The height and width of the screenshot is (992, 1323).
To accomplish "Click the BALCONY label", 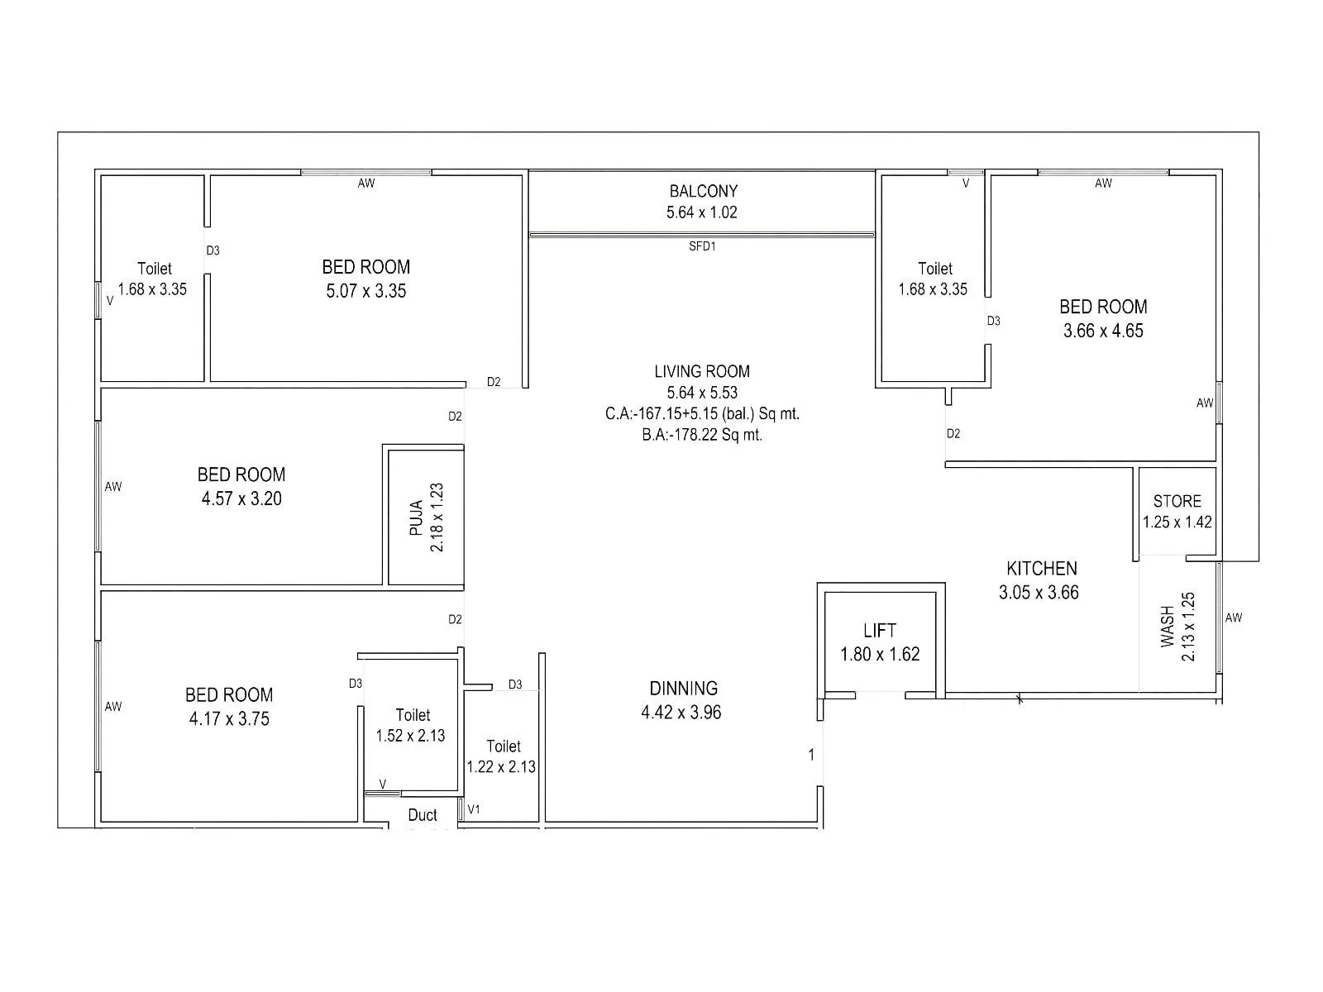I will pyautogui.click(x=703, y=191).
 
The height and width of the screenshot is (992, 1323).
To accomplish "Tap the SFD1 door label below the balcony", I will pyautogui.click(x=702, y=246).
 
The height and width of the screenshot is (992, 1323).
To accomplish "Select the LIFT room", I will pyautogui.click(x=880, y=641).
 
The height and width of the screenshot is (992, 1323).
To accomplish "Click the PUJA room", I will pyautogui.click(x=427, y=517).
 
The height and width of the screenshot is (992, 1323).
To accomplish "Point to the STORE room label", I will pyautogui.click(x=1177, y=501).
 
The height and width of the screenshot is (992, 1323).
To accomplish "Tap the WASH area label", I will pyautogui.click(x=1168, y=626).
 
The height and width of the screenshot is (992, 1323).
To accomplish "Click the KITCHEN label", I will pyautogui.click(x=1041, y=569).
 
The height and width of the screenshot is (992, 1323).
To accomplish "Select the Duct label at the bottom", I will pyautogui.click(x=423, y=815).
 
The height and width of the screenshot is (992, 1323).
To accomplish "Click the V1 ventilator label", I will pyautogui.click(x=474, y=809).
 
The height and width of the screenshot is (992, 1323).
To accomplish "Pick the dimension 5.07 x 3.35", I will pyautogui.click(x=366, y=291).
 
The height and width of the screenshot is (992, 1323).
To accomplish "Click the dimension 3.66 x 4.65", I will pyautogui.click(x=1103, y=331).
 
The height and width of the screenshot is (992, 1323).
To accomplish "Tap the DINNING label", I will pyautogui.click(x=683, y=689).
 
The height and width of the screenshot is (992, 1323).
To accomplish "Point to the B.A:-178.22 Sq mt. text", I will pyautogui.click(x=702, y=435).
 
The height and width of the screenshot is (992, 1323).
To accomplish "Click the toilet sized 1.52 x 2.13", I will pyautogui.click(x=411, y=725).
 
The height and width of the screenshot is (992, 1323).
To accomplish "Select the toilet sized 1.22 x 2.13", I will pyautogui.click(x=502, y=756).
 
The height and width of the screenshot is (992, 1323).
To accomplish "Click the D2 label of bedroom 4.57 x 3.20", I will pyautogui.click(x=455, y=417).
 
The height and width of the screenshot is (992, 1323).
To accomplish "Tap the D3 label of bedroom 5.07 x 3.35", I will pyautogui.click(x=213, y=250).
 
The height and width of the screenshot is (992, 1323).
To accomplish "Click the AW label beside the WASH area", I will pyautogui.click(x=1233, y=618).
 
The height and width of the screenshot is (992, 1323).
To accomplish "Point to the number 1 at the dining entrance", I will pyautogui.click(x=811, y=755).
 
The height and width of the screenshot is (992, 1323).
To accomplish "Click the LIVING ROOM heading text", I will pyautogui.click(x=702, y=372).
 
